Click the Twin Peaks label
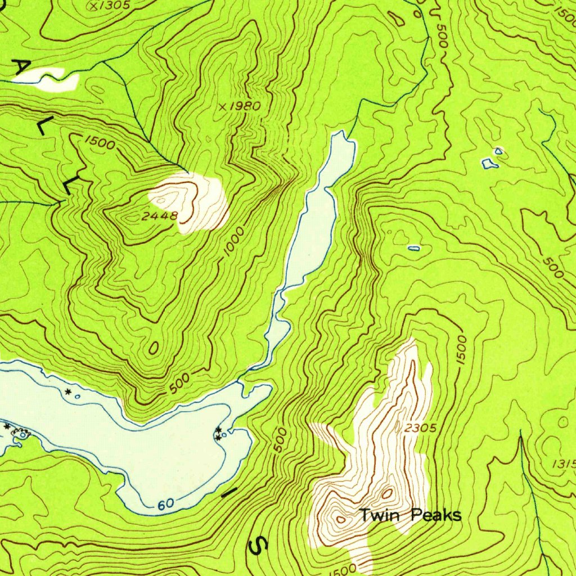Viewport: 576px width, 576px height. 410,515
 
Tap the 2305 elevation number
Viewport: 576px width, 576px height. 420,428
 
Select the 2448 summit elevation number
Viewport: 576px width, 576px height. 160,215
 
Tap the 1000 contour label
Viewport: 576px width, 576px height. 233,242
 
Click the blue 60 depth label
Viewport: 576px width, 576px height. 165,505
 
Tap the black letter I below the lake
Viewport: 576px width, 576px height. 229,493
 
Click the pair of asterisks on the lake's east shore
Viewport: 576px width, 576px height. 218,433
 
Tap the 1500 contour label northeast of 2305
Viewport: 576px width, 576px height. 461,350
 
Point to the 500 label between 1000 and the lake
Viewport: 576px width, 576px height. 179,382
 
